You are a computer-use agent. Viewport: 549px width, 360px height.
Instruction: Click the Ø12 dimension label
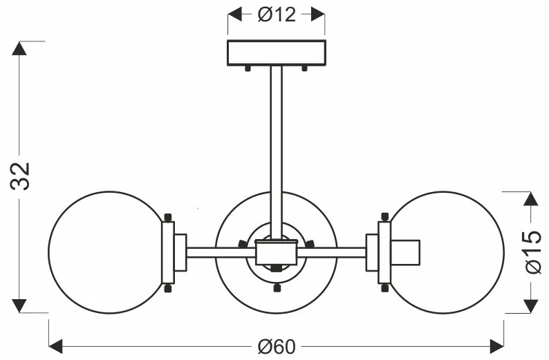277,15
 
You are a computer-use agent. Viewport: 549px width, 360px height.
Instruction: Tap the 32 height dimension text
22,178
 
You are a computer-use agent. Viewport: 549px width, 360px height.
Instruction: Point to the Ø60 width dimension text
277,346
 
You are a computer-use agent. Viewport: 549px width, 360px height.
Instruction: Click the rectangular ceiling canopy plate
277,53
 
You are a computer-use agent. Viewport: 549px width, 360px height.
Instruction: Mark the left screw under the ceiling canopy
248,68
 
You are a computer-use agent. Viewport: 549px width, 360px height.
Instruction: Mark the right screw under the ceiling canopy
305,68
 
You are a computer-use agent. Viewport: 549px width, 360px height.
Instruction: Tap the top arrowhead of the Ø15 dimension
530,200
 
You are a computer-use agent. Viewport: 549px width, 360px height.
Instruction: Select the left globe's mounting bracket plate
168,252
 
